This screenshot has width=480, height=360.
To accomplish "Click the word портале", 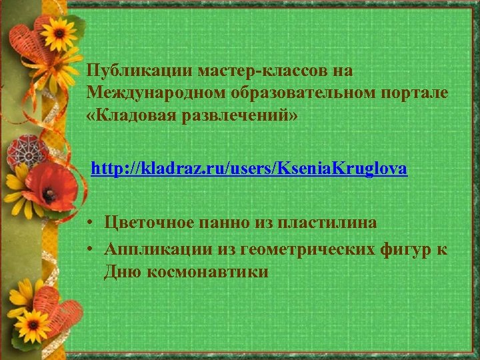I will point(414,94).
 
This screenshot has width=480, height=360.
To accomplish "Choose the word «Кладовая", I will point(127,117).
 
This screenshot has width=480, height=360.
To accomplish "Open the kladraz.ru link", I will point(249,169).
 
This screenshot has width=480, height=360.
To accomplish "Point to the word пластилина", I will point(322,223).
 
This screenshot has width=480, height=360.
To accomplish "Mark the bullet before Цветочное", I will point(89,223).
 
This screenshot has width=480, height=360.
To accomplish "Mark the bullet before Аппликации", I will point(89,249).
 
